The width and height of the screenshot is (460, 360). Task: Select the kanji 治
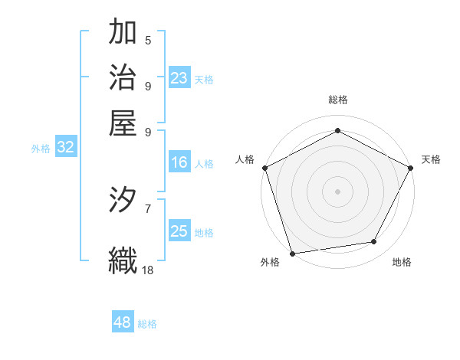point(123,79)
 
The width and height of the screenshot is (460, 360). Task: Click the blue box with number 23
point(179,78)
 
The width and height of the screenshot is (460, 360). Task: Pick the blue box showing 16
point(179,162)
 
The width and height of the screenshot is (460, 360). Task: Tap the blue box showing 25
point(179,231)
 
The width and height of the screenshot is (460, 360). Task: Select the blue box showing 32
point(65,148)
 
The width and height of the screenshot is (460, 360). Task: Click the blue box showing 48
point(123,322)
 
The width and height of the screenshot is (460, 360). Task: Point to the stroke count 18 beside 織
point(148,270)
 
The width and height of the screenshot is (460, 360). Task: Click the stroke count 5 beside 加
point(148,40)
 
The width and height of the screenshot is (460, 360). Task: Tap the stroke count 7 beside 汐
point(148,208)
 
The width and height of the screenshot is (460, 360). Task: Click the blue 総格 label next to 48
point(147,324)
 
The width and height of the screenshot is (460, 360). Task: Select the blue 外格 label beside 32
point(41,149)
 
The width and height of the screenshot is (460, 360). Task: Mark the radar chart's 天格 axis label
point(431,159)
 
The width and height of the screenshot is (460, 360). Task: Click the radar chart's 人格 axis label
point(245,159)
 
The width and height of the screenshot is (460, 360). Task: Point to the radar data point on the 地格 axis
point(374,242)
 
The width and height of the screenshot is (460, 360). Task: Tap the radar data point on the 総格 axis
point(337,130)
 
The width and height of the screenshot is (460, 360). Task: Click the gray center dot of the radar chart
point(337,191)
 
